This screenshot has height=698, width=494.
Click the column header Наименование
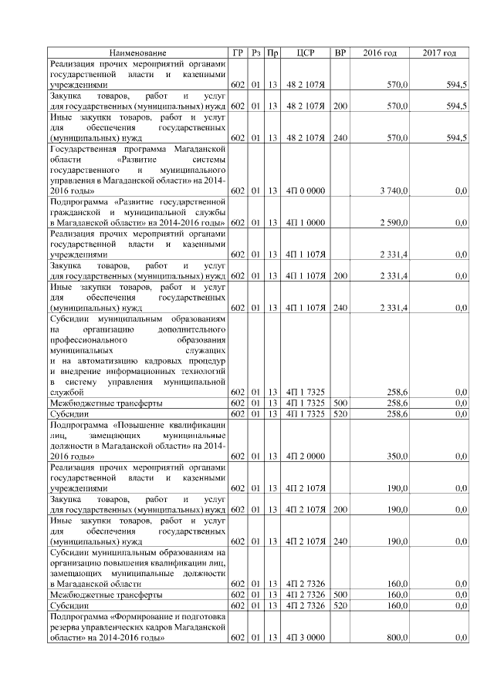137,52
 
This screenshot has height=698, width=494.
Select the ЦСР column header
305,52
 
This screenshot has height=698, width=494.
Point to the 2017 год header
440,52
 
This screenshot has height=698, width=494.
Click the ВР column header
340,52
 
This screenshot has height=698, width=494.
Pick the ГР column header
239,52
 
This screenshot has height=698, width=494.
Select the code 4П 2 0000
305,456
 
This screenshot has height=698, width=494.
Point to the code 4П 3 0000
305,639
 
